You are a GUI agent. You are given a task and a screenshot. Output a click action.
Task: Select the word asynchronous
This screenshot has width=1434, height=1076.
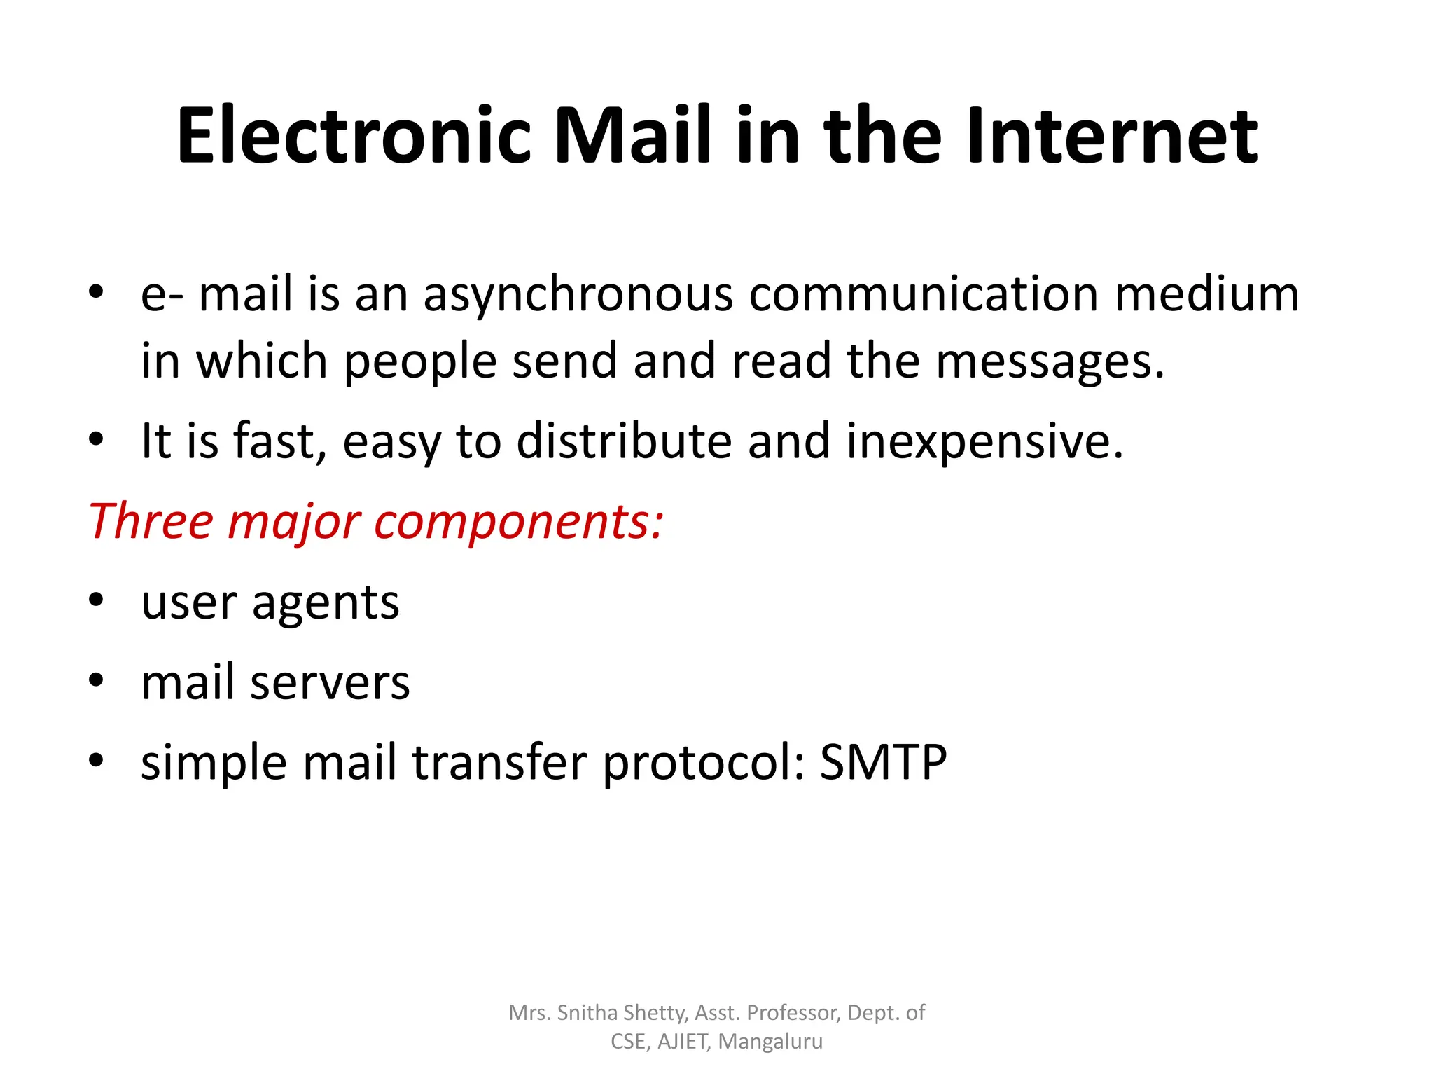[578, 294]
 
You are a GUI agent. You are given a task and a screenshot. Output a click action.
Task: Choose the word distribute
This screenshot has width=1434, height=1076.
[623, 441]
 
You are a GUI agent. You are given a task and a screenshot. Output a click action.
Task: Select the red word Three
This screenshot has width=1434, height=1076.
[151, 522]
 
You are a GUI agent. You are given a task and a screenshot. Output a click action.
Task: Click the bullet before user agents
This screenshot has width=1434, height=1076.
[96, 600]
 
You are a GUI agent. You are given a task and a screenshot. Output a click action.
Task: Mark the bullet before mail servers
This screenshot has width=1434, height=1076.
[96, 680]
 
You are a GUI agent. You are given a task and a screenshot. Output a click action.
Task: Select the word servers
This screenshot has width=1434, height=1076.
[330, 683]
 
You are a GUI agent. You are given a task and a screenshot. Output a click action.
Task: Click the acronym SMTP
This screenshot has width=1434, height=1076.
[883, 762]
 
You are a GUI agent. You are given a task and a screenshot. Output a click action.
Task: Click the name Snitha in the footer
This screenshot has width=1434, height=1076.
[587, 1013]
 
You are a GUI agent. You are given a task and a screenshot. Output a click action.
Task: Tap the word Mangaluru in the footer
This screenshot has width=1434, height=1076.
[770, 1042]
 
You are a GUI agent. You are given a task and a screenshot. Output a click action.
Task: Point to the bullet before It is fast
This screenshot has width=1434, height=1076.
[96, 439]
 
